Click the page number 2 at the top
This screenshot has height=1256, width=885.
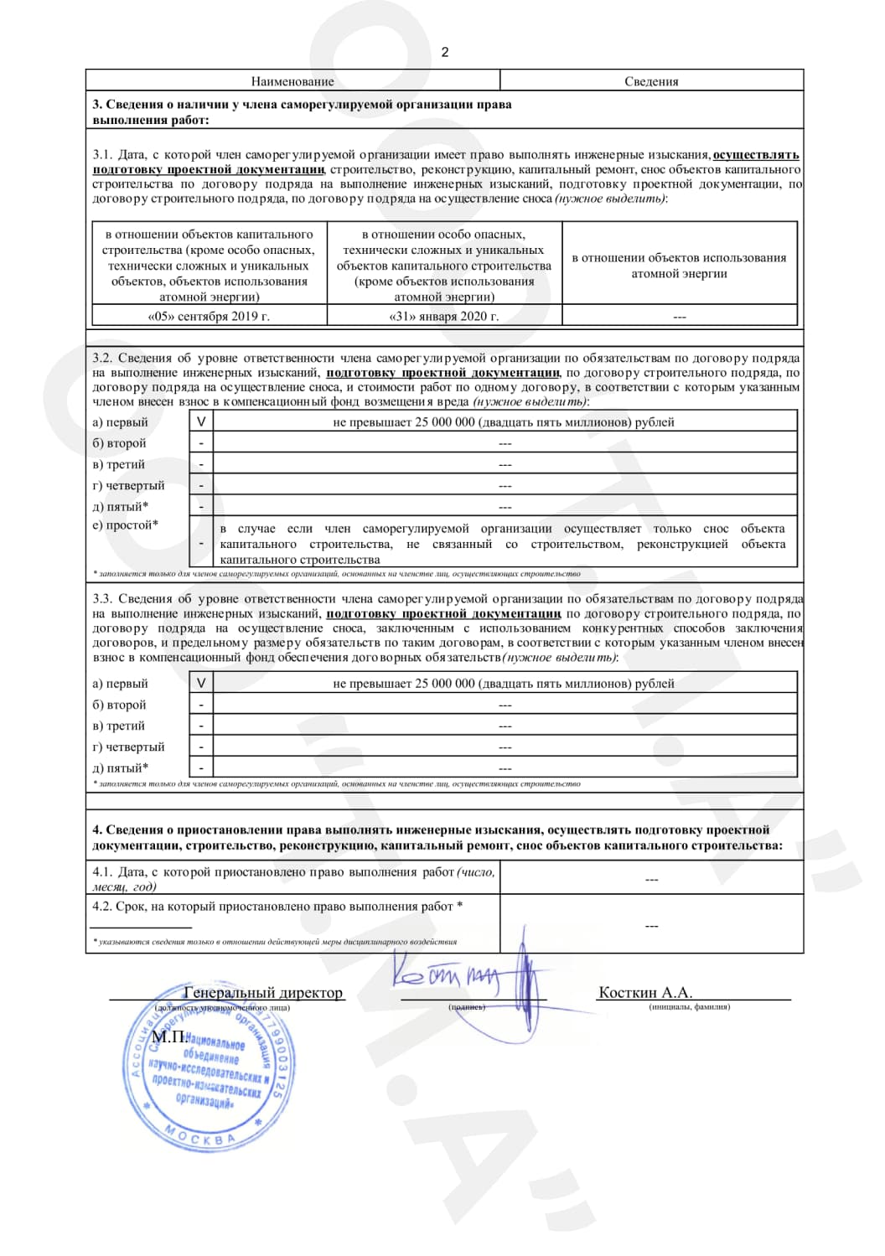(x=445, y=52)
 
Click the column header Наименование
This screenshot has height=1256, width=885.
(x=292, y=81)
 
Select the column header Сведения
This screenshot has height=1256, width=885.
(x=651, y=81)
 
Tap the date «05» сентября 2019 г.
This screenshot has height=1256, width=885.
(x=209, y=316)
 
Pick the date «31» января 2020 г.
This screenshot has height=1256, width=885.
(x=444, y=316)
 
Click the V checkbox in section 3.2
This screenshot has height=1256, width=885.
(x=201, y=422)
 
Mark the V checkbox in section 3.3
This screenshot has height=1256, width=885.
(x=201, y=684)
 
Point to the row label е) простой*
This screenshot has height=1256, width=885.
(x=125, y=525)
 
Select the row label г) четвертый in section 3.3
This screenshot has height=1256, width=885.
(x=128, y=747)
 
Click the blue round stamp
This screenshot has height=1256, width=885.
(x=209, y=1066)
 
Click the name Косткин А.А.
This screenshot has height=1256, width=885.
(x=645, y=992)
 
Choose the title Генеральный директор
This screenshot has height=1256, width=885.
(x=263, y=992)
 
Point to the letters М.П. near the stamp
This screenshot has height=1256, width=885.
(x=168, y=1036)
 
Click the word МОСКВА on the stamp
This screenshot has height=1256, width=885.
(x=200, y=1138)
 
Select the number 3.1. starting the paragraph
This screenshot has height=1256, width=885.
(x=102, y=155)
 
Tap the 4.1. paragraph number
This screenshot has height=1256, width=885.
(x=102, y=872)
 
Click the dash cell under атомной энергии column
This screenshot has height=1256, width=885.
(x=679, y=317)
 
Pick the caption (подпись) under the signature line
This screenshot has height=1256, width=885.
(x=467, y=1007)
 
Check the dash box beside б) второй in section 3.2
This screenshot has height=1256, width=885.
(x=201, y=443)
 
